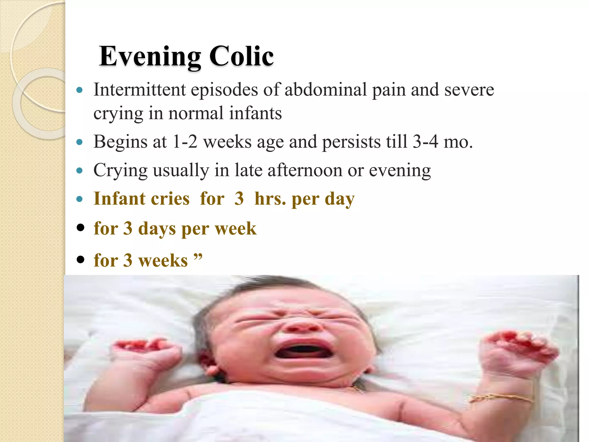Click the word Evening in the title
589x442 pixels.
[150, 56]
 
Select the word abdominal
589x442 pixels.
[326, 89]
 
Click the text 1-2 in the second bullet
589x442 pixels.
[185, 142]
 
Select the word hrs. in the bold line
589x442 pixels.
[271, 199]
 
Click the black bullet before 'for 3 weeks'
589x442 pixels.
[81, 259]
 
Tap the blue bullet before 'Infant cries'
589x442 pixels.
[80, 199]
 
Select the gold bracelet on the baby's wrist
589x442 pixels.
[502, 398]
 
